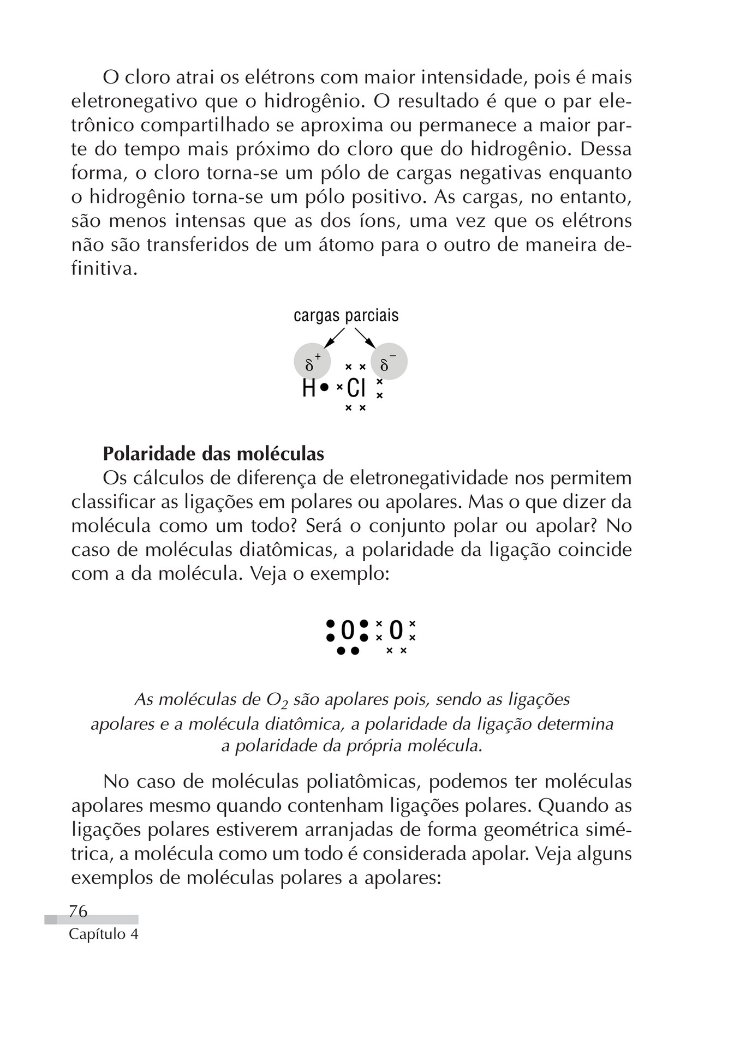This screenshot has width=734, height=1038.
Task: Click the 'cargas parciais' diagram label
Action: point(346,316)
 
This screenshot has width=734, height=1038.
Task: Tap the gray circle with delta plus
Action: point(312,362)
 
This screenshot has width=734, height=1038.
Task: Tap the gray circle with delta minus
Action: point(389,362)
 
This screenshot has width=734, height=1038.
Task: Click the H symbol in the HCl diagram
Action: point(309,388)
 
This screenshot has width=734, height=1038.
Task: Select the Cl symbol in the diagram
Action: point(356,388)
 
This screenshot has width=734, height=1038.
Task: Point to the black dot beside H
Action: point(324,387)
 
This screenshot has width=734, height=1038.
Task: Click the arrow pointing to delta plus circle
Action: point(333,338)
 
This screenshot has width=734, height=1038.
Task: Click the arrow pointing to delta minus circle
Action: point(365,338)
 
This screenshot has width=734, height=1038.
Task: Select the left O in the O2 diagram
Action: point(348,631)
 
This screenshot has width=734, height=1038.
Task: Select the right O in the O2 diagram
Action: point(396,631)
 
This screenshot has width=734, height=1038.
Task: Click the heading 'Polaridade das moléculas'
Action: point(213,454)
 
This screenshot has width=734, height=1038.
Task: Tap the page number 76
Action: point(78,911)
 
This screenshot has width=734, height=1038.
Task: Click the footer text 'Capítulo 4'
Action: point(104,934)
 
